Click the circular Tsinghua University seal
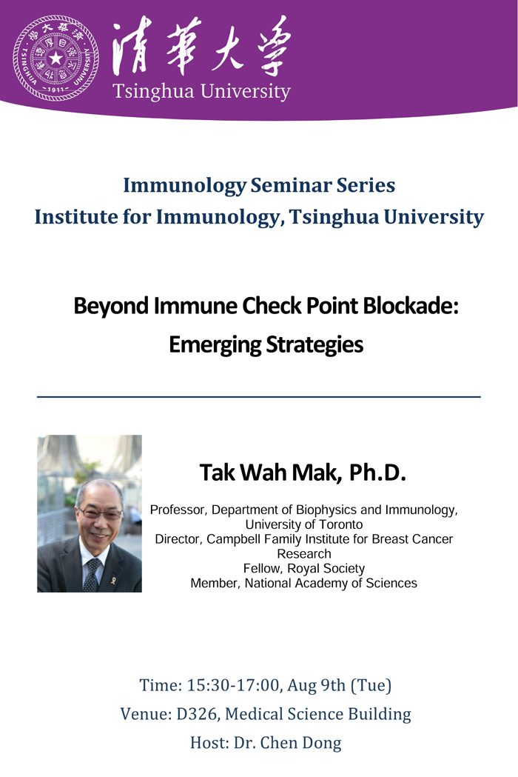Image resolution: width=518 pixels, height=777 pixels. pyautogui.click(x=55, y=58)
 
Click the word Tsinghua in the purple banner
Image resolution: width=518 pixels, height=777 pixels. pyautogui.click(x=153, y=92)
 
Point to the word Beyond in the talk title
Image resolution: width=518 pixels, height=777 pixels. pyautogui.click(x=111, y=307)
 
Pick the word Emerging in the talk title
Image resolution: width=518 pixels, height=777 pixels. pyautogui.click(x=215, y=345)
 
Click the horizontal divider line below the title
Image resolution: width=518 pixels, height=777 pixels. pyautogui.click(x=258, y=397)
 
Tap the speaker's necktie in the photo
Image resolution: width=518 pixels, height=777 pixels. pyautogui.click(x=92, y=575)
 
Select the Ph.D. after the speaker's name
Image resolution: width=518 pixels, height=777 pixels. pyautogui.click(x=377, y=473)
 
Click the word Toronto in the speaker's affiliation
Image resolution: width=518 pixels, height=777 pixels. pyautogui.click(x=340, y=524)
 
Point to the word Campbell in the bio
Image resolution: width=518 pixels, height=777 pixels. pyautogui.click(x=230, y=540)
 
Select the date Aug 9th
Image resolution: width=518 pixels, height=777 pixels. pyautogui.click(x=317, y=685)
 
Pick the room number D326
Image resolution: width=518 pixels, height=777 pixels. pyautogui.click(x=197, y=714)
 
